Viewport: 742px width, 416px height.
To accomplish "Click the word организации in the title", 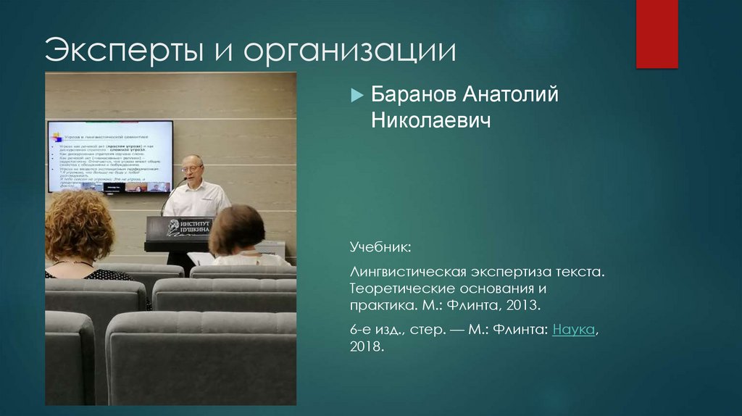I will click(349, 52).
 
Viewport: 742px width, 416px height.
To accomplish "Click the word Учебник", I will click(380, 249).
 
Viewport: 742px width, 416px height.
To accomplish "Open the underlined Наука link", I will click(574, 330).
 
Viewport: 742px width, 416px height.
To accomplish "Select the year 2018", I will click(366, 347).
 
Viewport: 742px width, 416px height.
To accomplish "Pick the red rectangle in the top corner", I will click(656, 34).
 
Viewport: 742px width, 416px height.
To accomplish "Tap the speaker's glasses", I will click(192, 168).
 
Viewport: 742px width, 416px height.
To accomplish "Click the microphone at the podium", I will click(180, 182).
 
